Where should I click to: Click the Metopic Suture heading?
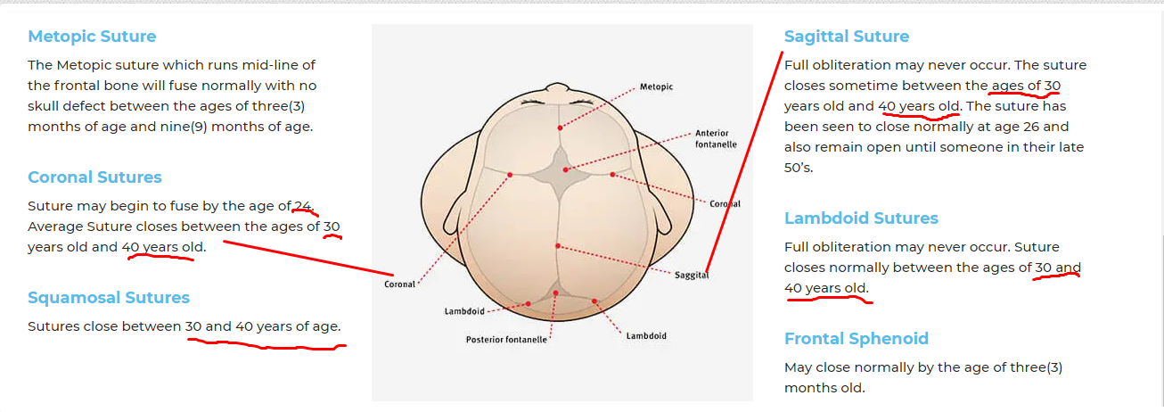coord(92,37)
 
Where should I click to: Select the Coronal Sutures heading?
coord(94,177)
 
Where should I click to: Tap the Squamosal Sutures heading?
coord(109,298)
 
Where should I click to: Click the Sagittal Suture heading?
coord(847,37)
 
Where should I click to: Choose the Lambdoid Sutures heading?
coord(861,218)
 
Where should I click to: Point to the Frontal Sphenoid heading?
coord(857,339)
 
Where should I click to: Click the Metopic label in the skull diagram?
coord(656,87)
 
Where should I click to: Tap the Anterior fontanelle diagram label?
coord(716,139)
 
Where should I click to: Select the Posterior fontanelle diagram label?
coord(506,340)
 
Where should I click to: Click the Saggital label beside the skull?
coord(692,276)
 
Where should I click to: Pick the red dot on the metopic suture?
coord(560,128)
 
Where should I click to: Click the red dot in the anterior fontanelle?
coord(565,169)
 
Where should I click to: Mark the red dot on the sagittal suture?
coord(558,246)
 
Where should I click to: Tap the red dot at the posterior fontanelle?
coord(555,293)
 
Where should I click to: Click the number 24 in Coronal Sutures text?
coord(302,206)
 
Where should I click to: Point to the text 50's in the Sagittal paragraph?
coord(799,168)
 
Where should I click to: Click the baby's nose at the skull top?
coord(557,87)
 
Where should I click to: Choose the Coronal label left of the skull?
coord(399,284)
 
